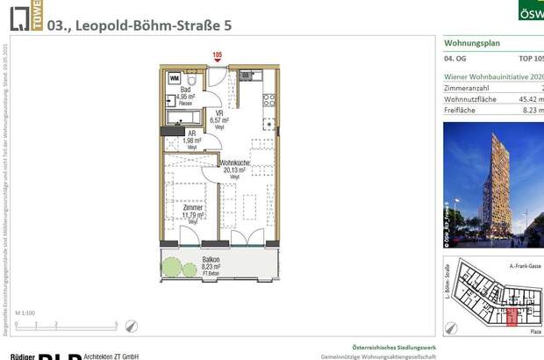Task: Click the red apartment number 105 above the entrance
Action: pos(218,55)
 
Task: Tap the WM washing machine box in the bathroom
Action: pos(175,78)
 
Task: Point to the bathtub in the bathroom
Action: pos(185,115)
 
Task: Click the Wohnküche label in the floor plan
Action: pos(235,164)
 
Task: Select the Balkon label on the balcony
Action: pos(211,261)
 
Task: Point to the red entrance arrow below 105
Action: pos(218,63)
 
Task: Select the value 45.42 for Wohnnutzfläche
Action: pos(531,101)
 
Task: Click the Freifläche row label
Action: pos(462,112)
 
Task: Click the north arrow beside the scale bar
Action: pos(132,324)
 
